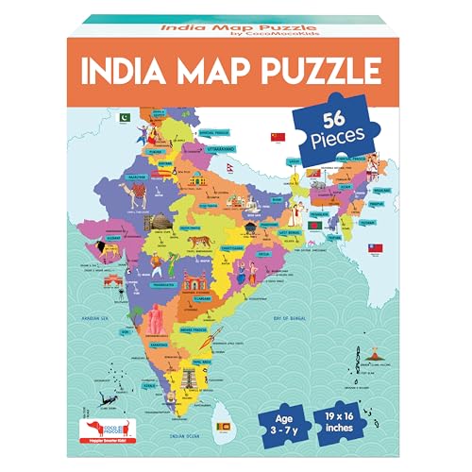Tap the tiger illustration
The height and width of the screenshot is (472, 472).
pos(201,242)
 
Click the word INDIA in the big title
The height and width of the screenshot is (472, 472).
pos(117,71)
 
